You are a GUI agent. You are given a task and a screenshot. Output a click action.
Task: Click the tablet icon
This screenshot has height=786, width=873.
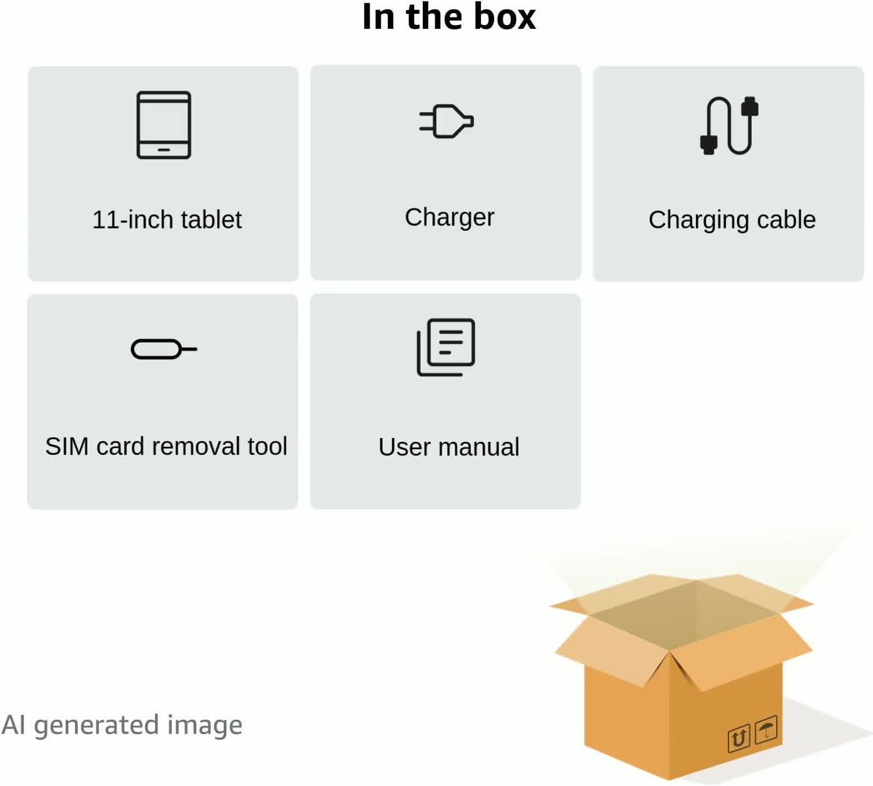coord(164,125)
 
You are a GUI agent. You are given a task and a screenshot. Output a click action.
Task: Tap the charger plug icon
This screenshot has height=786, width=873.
coord(447,121)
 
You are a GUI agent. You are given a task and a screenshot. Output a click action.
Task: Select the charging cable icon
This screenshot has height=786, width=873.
coord(729,125)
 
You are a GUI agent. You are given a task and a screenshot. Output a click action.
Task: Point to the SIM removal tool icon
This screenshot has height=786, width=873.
coord(164,349)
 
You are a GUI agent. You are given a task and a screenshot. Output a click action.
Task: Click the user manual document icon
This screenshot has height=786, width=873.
coord(446,347)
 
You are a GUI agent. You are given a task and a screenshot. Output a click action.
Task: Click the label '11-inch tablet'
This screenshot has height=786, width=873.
coord(167,220)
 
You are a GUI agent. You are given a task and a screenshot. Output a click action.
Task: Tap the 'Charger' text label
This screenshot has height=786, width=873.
coord(449,217)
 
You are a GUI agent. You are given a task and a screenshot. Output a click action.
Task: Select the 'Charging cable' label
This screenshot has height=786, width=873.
coord(732,220)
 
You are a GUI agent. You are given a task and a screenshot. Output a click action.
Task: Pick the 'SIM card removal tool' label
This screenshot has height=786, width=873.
coord(166,446)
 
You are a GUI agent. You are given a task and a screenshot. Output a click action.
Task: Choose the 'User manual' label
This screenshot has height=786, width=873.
coord(448,447)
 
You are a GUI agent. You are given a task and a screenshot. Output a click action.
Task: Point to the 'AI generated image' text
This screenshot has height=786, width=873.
coord(122,725)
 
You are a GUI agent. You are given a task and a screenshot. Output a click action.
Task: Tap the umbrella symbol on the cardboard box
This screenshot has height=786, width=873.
coord(766,730)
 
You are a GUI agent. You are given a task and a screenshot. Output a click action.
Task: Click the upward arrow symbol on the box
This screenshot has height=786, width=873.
coord(739,739)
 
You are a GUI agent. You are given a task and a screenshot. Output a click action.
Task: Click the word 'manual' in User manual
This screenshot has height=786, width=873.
coord(478,447)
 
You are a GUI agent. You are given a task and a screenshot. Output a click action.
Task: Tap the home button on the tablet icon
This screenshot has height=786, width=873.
coord(164,150)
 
